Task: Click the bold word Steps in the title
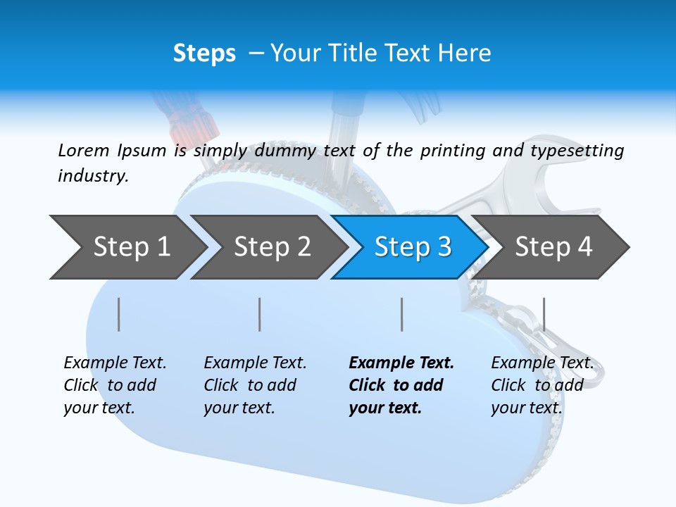coord(204,53)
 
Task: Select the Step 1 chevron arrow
coord(127,247)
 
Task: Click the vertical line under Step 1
coord(119,314)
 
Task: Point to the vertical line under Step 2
coord(260,314)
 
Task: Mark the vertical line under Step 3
coord(401,314)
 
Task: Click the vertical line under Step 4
coord(544,314)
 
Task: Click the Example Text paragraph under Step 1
coord(114,385)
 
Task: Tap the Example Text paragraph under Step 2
coord(254,385)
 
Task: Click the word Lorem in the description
coord(84,150)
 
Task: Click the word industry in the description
coord(92,175)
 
